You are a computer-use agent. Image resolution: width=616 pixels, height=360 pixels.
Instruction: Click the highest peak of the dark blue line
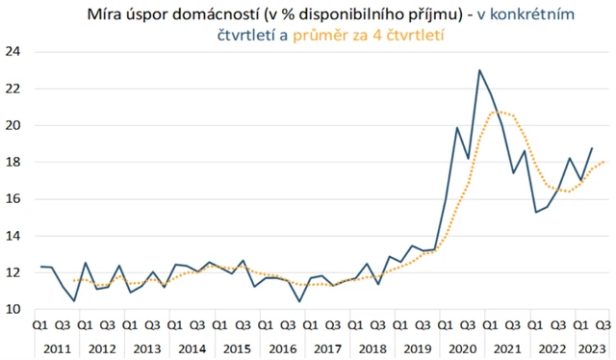(x=479, y=70)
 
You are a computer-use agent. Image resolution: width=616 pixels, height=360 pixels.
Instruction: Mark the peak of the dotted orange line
(x=497, y=112)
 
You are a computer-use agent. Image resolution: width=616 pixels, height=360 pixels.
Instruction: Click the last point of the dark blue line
(x=591, y=148)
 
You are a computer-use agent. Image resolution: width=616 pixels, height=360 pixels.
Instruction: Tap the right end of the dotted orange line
(x=603, y=162)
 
